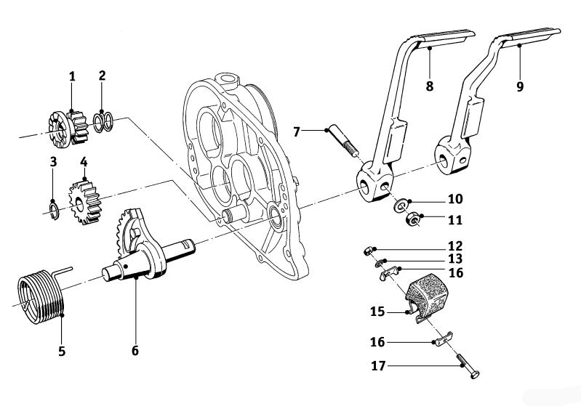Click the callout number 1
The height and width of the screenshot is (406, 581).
point(72,76)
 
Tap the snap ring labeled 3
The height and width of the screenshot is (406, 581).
point(53,211)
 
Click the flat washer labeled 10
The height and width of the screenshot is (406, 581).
point(401,205)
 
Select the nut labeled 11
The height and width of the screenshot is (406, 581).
point(411,218)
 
